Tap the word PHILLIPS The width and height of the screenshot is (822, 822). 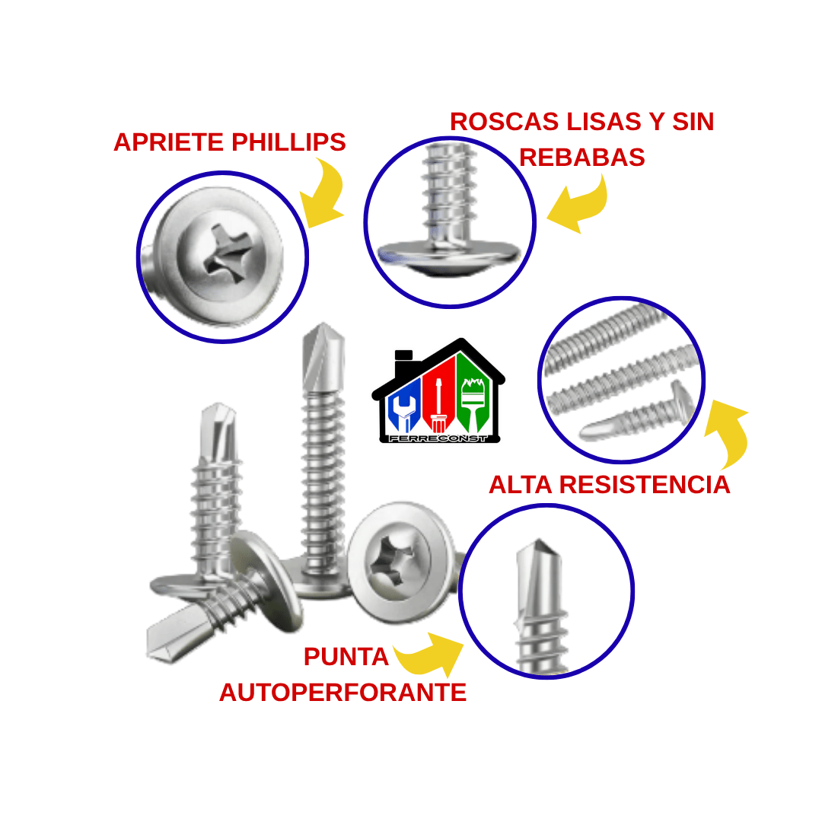tap(288, 142)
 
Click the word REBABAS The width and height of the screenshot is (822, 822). tap(581, 158)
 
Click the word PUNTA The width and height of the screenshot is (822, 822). tap(346, 657)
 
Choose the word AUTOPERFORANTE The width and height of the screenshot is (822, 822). tap(342, 693)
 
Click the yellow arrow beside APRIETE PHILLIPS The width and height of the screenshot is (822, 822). tap(323, 194)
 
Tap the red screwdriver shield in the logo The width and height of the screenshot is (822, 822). tap(438, 400)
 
